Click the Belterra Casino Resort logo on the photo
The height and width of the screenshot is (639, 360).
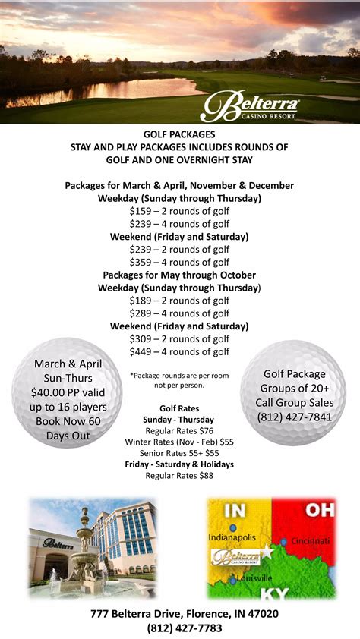(250, 105)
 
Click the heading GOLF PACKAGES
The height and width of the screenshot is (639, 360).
(179, 134)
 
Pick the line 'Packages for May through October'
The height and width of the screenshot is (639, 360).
(179, 275)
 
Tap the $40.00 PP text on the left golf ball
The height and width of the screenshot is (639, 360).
(49, 392)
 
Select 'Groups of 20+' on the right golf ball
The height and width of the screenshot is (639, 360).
(294, 388)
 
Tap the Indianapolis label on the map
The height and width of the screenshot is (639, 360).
(235, 537)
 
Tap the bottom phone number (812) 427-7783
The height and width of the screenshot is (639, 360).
(179, 628)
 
